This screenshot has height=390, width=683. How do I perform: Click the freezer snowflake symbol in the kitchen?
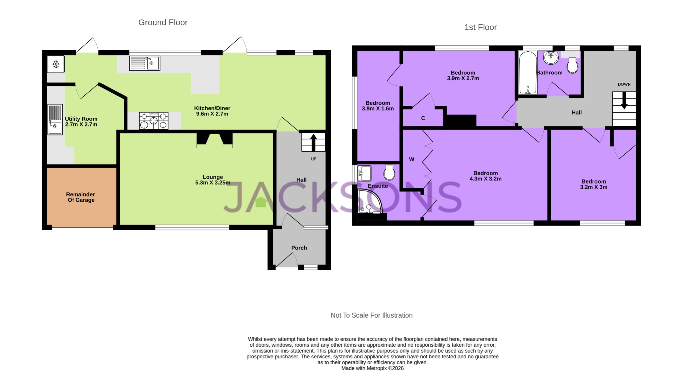[x=56, y=64]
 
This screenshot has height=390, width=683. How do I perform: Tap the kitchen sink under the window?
[x=145, y=63]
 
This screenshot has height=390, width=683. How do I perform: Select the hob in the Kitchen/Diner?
[x=153, y=120]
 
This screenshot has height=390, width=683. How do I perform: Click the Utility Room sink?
[x=55, y=119]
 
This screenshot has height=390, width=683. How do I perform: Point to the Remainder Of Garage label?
[x=81, y=197]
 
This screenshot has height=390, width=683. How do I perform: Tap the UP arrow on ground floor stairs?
[x=313, y=142]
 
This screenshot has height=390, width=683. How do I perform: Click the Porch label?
[x=299, y=248]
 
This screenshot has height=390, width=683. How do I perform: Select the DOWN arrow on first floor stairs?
[x=624, y=100]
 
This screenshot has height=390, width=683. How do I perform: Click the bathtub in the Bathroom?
[x=528, y=72]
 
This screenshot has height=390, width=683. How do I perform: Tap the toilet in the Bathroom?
[x=572, y=65]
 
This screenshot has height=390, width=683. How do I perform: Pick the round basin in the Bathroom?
[x=551, y=58]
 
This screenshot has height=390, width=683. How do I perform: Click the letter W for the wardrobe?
[x=412, y=159]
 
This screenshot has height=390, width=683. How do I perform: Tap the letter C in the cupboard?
[x=423, y=118]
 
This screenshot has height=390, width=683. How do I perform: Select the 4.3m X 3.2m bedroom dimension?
[x=485, y=179]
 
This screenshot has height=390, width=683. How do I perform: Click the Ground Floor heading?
[x=163, y=22]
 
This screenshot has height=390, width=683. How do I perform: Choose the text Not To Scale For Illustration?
[x=371, y=315]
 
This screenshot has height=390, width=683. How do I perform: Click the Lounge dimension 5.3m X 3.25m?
[x=212, y=183]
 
